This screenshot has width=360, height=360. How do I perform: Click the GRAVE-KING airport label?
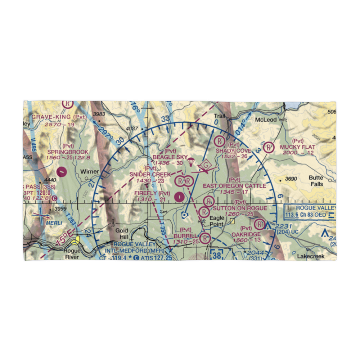pos(53,117)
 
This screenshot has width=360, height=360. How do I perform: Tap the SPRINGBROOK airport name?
pos(63,152)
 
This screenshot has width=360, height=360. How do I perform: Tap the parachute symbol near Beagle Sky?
pos(191,163)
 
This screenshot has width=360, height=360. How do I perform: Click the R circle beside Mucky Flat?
pos(268,147)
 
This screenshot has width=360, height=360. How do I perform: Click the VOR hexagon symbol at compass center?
pos(184,215)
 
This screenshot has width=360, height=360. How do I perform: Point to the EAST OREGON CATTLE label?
pos(234,186)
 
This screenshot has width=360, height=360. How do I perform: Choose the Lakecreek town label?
pos(311,257)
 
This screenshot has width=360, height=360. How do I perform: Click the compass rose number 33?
pos(165,119)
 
